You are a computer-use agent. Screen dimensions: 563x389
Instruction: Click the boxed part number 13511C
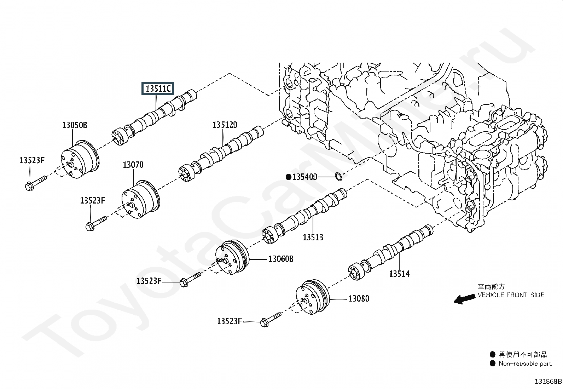pos(158,88)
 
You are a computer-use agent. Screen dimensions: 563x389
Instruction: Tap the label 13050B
pos(75,125)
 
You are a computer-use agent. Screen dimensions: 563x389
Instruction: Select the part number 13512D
pos(225,125)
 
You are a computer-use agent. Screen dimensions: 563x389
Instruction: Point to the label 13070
pos(133,165)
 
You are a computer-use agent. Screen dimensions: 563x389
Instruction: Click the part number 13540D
pos(305,177)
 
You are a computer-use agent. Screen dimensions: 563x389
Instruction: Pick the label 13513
pos(313,237)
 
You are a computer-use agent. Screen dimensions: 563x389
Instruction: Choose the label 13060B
pos(281,259)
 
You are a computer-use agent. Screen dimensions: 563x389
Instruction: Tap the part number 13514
pos(399,274)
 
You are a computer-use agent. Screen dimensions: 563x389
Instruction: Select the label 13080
pos(359,299)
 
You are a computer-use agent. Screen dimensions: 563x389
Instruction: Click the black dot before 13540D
pos(289,177)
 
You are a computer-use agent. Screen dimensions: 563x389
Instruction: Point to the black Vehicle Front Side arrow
pos(464,299)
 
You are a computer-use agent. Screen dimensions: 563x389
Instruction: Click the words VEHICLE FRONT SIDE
pos(511,295)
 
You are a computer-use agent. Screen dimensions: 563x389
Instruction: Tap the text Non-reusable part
pos(525,363)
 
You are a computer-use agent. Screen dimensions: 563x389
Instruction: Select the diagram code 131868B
pos(548,382)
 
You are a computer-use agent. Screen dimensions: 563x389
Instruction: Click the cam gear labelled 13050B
pos(80,159)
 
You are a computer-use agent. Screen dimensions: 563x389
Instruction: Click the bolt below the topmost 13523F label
pos(36,183)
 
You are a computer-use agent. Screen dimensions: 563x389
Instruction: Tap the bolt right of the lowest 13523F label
pos(271,320)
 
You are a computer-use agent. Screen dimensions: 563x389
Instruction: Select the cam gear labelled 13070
pos(140,199)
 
